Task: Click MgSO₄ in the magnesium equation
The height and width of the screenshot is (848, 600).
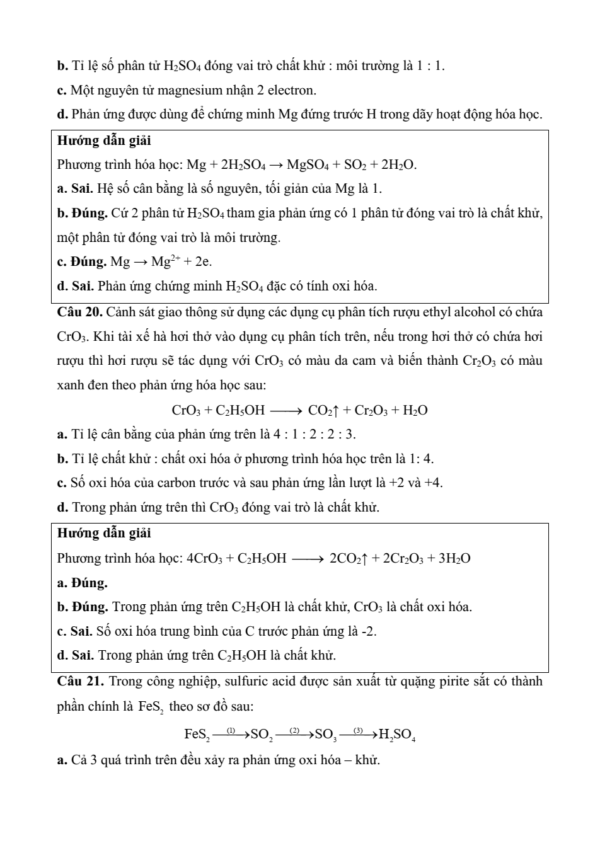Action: click(x=306, y=165)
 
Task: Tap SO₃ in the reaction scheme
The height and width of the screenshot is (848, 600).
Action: click(x=325, y=735)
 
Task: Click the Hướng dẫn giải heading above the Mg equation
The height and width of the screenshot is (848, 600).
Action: click(x=103, y=140)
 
